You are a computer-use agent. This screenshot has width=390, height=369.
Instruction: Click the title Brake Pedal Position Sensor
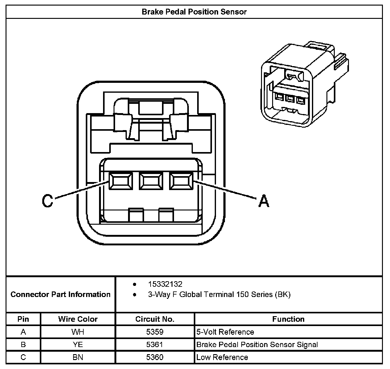pos(194,12)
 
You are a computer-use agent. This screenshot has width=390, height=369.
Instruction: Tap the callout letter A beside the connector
pos(263,201)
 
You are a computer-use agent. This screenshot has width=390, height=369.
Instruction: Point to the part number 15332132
pos(165,284)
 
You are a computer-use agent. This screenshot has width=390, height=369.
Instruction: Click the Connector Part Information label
pos(60,294)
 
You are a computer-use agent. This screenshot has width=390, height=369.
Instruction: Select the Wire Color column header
pos(78,319)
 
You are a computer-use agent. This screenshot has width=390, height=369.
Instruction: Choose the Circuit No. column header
pos(155,319)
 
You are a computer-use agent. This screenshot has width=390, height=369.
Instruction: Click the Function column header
pos(288,319)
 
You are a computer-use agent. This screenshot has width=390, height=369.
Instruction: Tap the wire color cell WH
pos(78,332)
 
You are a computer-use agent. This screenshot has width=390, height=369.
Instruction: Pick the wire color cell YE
pos(78,345)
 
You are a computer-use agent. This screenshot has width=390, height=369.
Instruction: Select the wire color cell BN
pos(78,358)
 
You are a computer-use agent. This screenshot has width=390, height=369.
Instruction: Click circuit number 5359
pos(155,332)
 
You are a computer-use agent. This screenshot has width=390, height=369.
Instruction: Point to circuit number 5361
pos(155,345)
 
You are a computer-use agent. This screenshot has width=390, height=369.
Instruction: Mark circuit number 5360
pos(155,358)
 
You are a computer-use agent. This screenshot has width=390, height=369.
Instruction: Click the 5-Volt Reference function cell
pos(225,332)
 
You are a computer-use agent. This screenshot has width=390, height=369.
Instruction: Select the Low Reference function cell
pos(222,358)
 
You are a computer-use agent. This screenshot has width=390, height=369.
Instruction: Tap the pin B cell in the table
pos(23,345)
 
